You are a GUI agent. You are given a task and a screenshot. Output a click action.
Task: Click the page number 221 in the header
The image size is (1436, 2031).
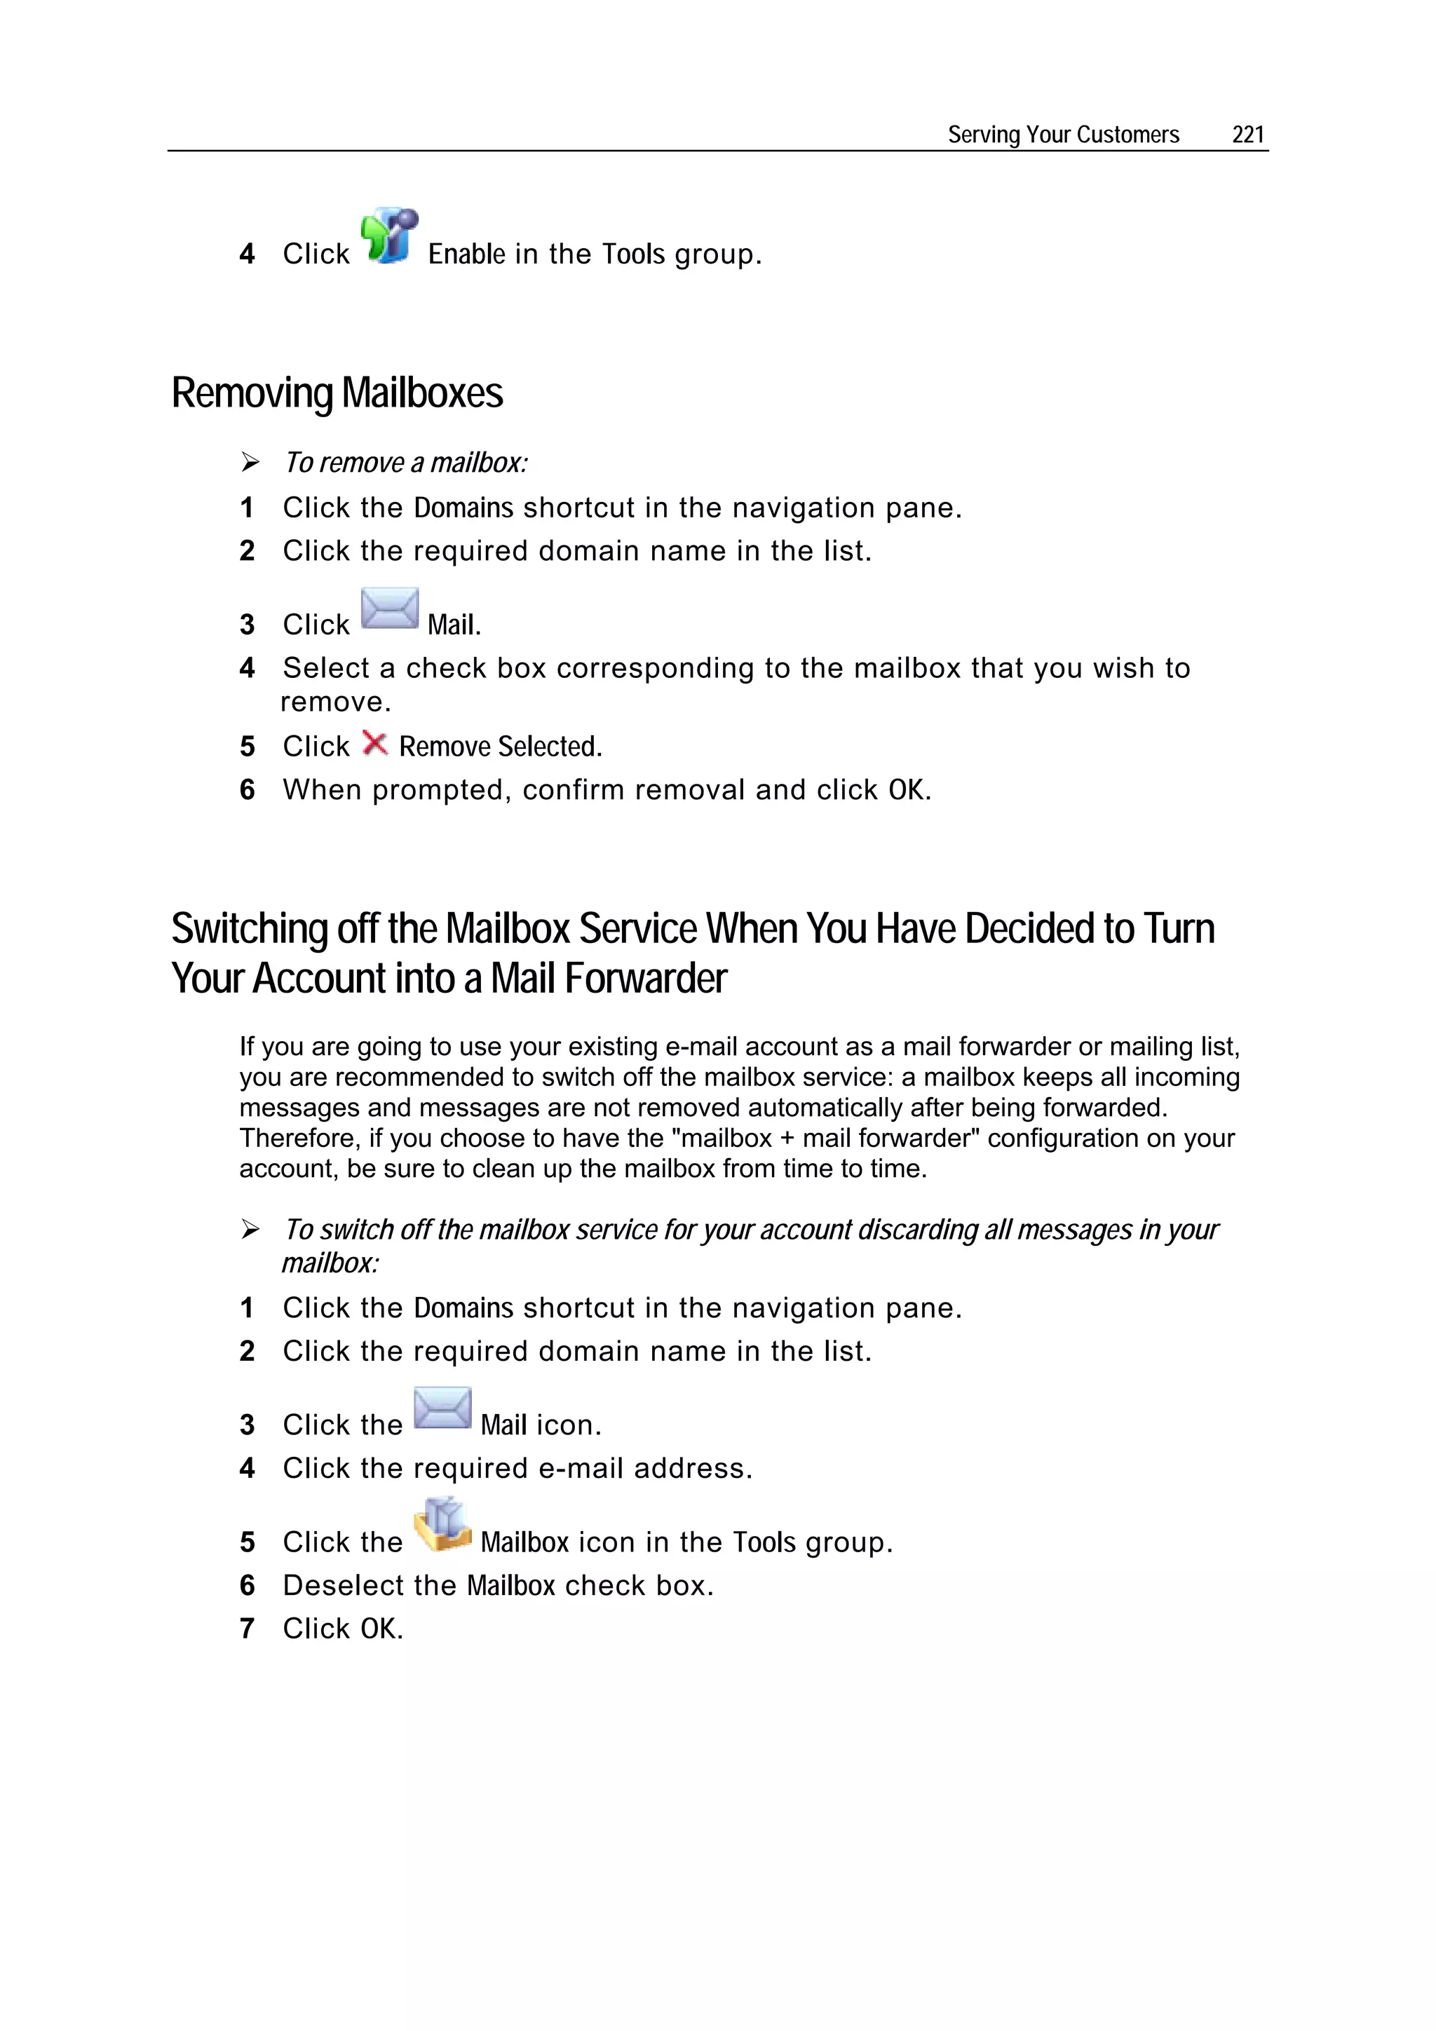coord(1247,135)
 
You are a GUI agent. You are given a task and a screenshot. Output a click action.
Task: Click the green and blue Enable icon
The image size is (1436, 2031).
coord(388,237)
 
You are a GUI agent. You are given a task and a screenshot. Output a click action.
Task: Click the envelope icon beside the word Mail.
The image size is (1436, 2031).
coord(389,609)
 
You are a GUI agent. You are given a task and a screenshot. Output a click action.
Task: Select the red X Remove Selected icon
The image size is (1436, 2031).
coord(375,744)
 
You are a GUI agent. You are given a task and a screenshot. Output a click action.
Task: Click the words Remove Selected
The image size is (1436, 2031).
coord(499,747)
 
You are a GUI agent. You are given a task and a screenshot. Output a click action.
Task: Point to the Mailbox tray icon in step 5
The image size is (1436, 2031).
coord(442,1525)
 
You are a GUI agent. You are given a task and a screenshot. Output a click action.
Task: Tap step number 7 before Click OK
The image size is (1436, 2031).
coord(247,1629)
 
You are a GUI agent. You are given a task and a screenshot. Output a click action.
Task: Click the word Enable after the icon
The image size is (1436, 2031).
coord(466,254)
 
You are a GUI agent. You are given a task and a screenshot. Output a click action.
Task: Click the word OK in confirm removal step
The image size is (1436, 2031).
coord(906,790)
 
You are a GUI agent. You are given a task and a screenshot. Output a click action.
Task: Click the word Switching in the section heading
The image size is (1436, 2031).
coord(250,929)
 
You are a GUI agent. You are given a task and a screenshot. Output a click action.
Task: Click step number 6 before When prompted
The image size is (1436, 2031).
coord(247,790)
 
